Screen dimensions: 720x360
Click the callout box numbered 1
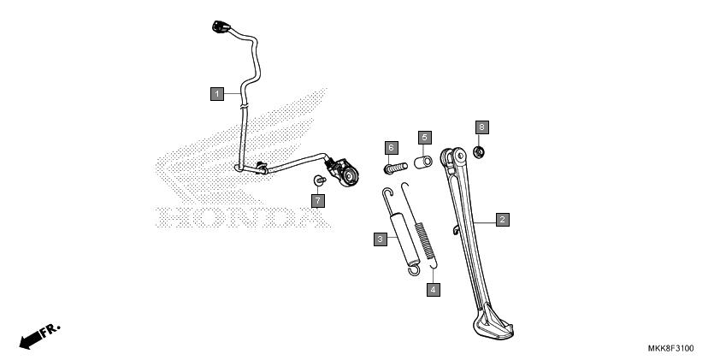click(x=217, y=94)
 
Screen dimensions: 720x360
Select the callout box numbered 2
click(x=502, y=220)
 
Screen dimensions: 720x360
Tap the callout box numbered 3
click(x=381, y=239)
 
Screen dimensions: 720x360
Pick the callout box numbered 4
click(x=433, y=290)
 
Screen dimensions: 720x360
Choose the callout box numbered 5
click(x=424, y=138)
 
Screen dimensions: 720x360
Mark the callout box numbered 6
click(x=392, y=148)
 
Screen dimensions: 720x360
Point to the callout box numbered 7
click(x=318, y=201)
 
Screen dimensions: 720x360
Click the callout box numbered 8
click(x=481, y=127)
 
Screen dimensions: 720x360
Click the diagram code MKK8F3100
click(x=671, y=349)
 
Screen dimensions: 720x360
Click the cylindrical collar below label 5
click(x=423, y=162)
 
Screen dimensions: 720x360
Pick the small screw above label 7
click(x=319, y=180)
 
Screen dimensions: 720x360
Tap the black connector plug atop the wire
click(x=221, y=27)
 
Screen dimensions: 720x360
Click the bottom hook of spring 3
click(x=414, y=270)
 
